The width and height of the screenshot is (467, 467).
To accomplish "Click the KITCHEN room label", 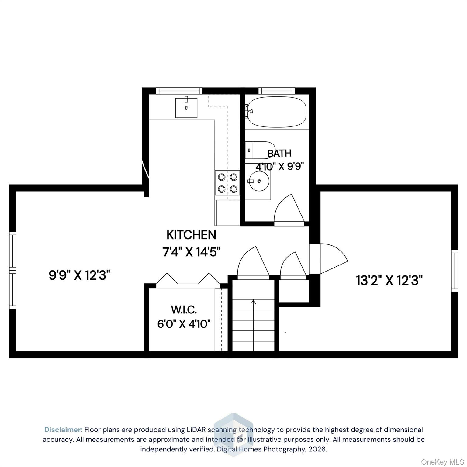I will [191, 235].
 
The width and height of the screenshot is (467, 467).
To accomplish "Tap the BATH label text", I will [279, 153].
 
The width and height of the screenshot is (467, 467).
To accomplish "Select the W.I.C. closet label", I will [184, 310].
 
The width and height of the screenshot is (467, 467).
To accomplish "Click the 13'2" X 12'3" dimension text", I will [389, 280].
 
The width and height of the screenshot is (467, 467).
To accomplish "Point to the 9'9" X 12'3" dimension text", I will [79, 275].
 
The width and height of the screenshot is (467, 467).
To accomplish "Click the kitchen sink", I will [186, 108].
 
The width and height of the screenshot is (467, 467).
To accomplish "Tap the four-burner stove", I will [227, 183].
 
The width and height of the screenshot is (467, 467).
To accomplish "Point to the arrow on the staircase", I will [253, 302].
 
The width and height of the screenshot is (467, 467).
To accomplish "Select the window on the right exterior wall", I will [454, 271].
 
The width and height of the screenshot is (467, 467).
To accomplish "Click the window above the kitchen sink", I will [179, 91].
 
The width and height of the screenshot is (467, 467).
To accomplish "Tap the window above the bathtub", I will [277, 91].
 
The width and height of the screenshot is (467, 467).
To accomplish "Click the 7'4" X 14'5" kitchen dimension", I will [191, 252].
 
